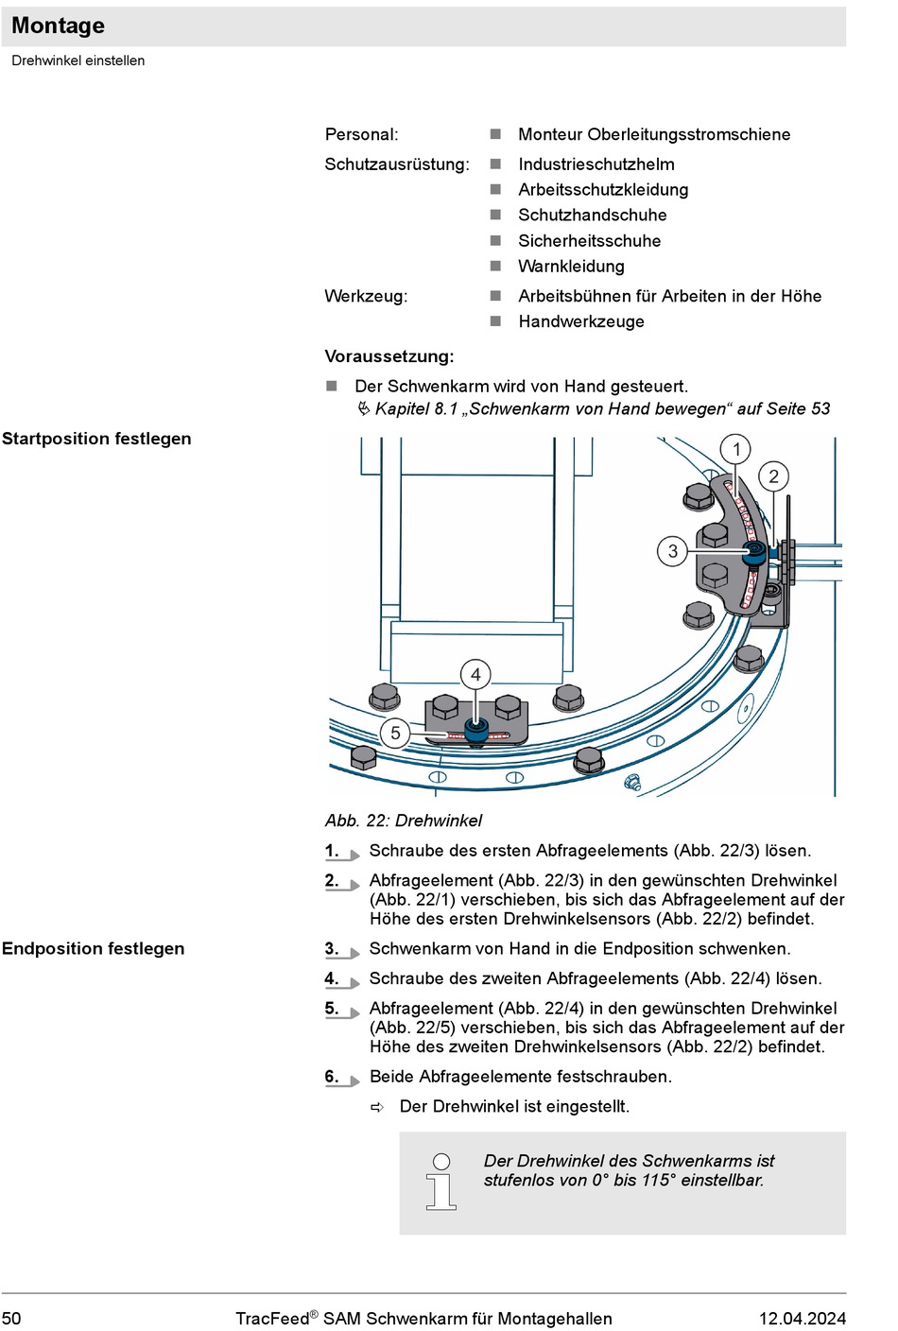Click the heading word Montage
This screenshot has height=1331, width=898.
point(59,26)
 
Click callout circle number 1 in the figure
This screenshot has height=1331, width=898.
point(736,449)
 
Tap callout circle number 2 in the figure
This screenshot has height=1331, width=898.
point(773,476)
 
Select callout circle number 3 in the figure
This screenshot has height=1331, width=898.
point(672,551)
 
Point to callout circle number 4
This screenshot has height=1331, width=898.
point(475,674)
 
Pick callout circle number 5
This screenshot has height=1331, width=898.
point(395,733)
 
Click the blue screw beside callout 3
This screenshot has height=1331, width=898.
point(753,553)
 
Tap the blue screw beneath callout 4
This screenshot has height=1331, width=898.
point(476,729)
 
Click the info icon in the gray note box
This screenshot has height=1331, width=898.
point(441,1182)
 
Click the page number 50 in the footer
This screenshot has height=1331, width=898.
point(10,1319)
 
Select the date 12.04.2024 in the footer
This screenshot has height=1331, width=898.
point(803,1319)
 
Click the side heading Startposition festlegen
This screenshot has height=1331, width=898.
point(96,439)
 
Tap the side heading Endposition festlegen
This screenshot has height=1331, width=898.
point(93,948)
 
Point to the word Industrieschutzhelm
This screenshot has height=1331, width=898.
point(596,164)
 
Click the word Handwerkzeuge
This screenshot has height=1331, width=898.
point(581,321)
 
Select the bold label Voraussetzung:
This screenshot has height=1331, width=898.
point(389,356)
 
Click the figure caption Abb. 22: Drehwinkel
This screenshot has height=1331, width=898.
point(404,821)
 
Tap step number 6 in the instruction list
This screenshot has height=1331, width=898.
point(332,1076)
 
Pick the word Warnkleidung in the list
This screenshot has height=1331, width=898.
point(571,267)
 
